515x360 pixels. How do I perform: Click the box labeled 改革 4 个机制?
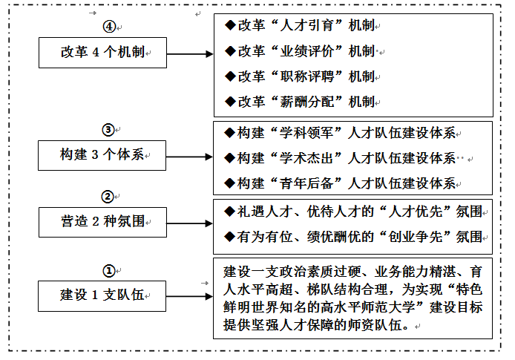(103, 53)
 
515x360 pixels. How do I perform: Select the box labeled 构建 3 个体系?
(103, 156)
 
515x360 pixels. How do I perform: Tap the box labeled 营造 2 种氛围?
(103, 221)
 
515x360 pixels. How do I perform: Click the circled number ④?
(108, 26)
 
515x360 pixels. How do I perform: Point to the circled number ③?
(108, 131)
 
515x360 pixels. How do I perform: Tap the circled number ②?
(108, 197)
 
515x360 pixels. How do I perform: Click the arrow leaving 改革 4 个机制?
(189, 54)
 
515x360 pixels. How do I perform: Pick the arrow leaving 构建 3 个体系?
(189, 157)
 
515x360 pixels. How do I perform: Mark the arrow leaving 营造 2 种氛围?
(189, 222)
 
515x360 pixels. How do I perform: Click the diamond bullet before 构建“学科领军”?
(230, 133)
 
